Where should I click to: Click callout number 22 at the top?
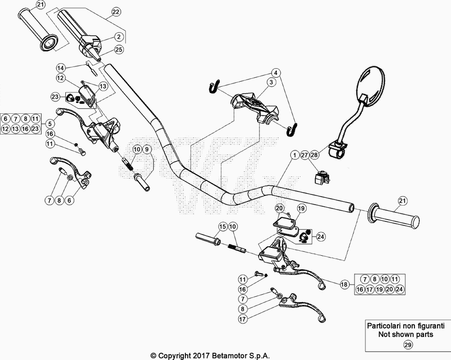point(116,11)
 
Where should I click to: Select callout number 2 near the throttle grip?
point(120,37)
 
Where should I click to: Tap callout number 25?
point(120,50)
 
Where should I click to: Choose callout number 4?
point(276,73)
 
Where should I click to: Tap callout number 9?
point(147,149)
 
